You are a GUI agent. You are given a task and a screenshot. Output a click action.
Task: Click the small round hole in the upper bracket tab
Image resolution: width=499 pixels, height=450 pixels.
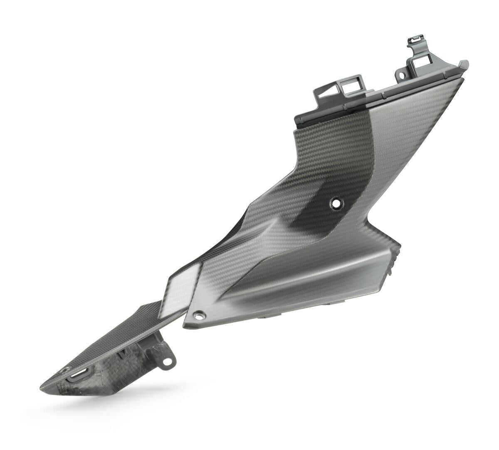coord(402,77)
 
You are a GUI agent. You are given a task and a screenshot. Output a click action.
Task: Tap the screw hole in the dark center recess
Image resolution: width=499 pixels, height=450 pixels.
coord(335,203)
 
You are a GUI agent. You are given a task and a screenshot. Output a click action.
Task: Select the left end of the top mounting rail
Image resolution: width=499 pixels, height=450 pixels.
coord(296,121)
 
